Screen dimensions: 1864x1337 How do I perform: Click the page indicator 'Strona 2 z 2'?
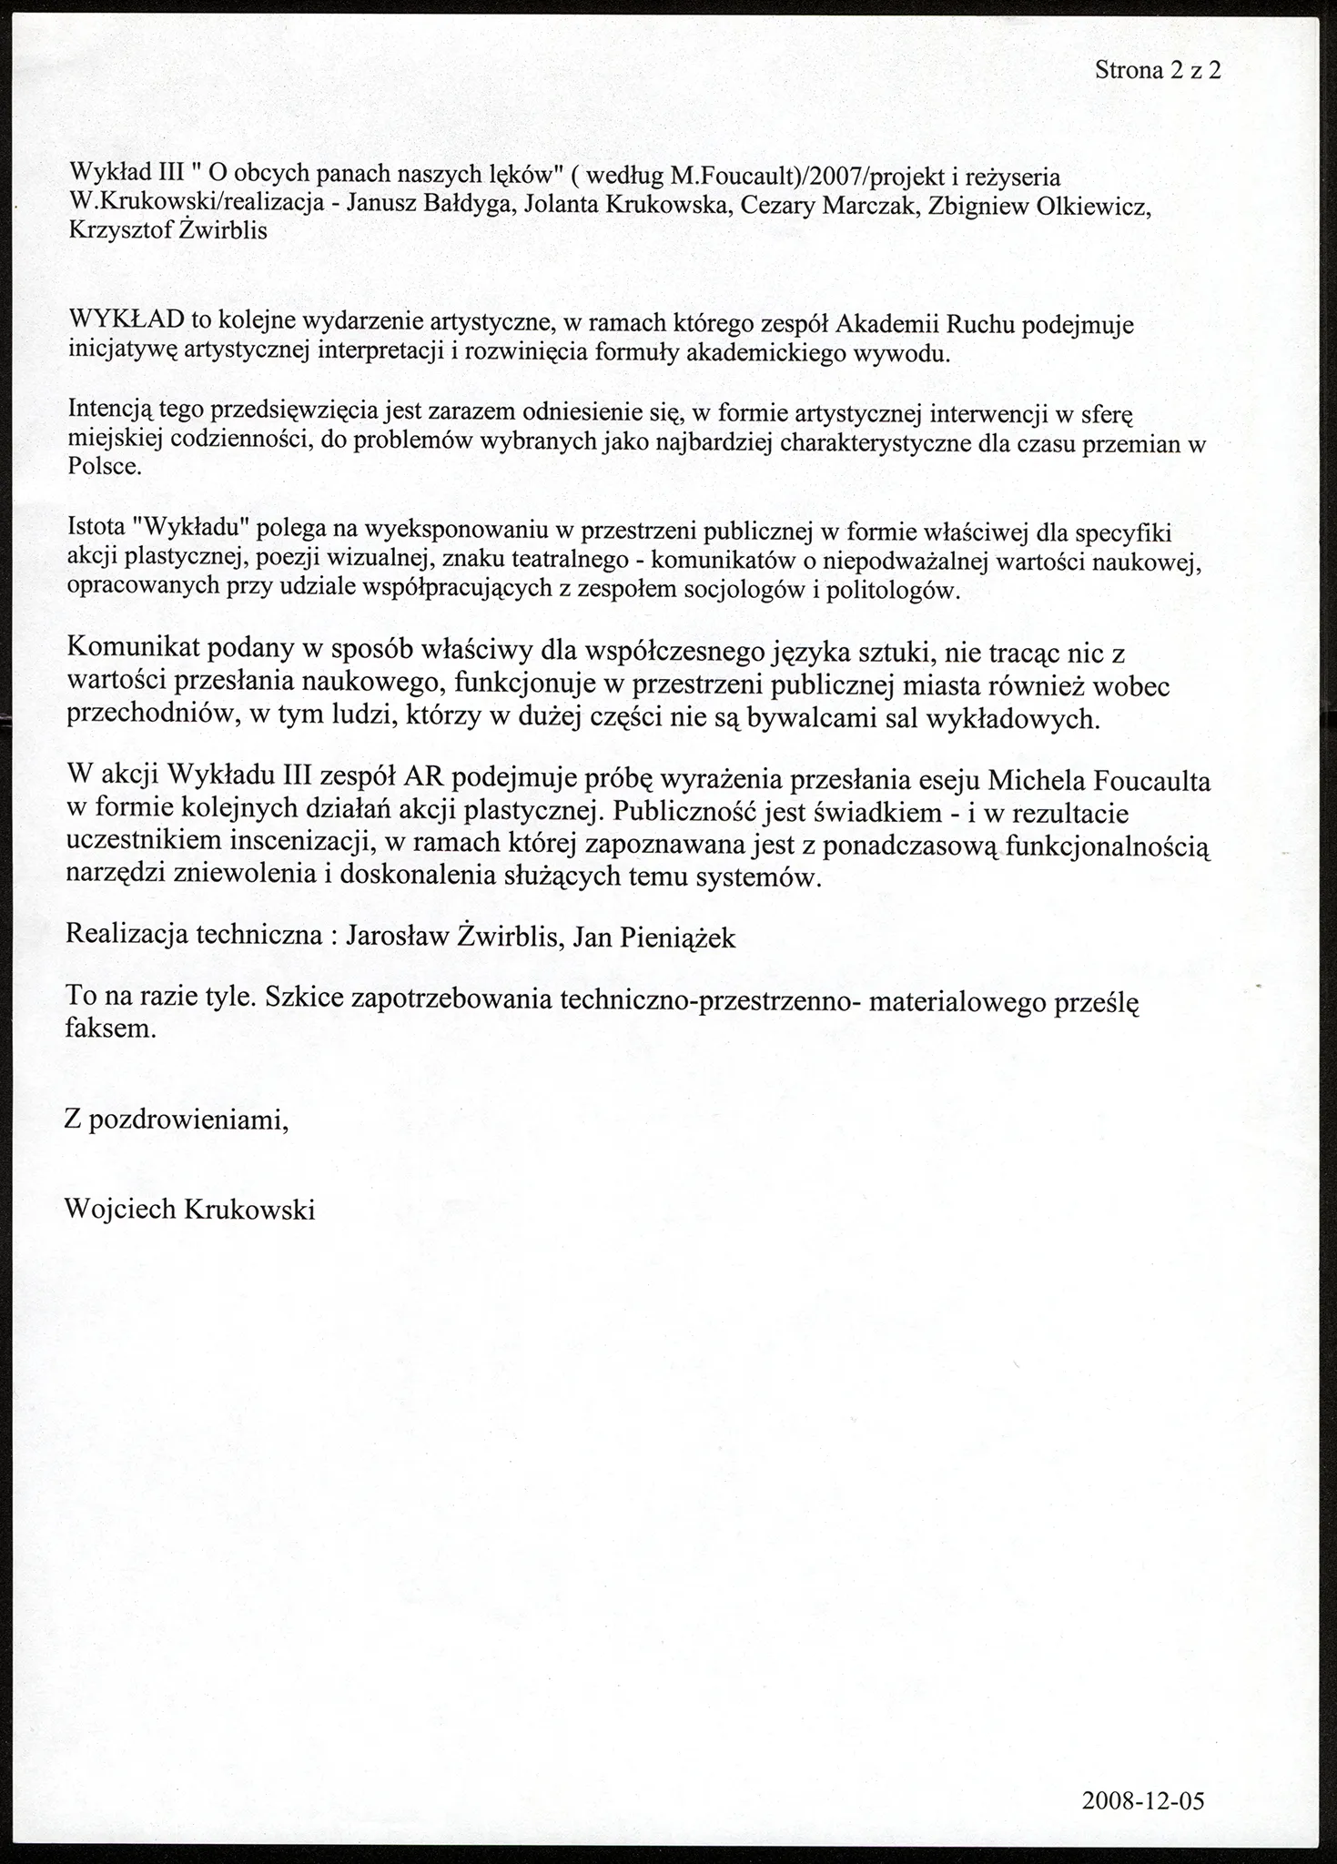1157,70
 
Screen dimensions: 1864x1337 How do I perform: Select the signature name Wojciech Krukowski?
190,1210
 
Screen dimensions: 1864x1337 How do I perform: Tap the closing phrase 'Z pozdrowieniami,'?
177,1120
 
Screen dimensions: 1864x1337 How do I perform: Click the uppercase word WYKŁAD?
127,320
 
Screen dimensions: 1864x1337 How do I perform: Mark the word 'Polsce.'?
106,469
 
